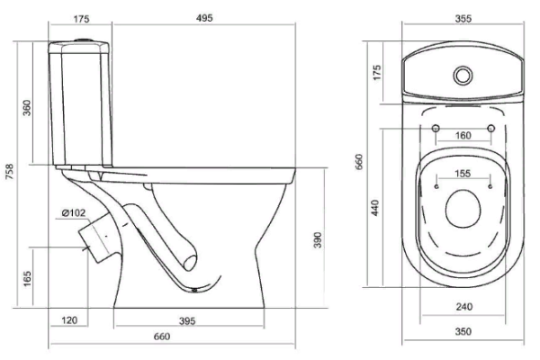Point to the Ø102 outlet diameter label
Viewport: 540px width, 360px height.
tap(75, 212)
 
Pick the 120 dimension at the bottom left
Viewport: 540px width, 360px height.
tap(68, 319)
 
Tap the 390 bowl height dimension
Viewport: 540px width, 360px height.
tap(317, 244)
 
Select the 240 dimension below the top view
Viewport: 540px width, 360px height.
tap(463, 306)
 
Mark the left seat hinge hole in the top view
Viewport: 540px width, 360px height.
tap(436, 130)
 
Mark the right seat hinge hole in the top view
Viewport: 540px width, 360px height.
tap(490, 130)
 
